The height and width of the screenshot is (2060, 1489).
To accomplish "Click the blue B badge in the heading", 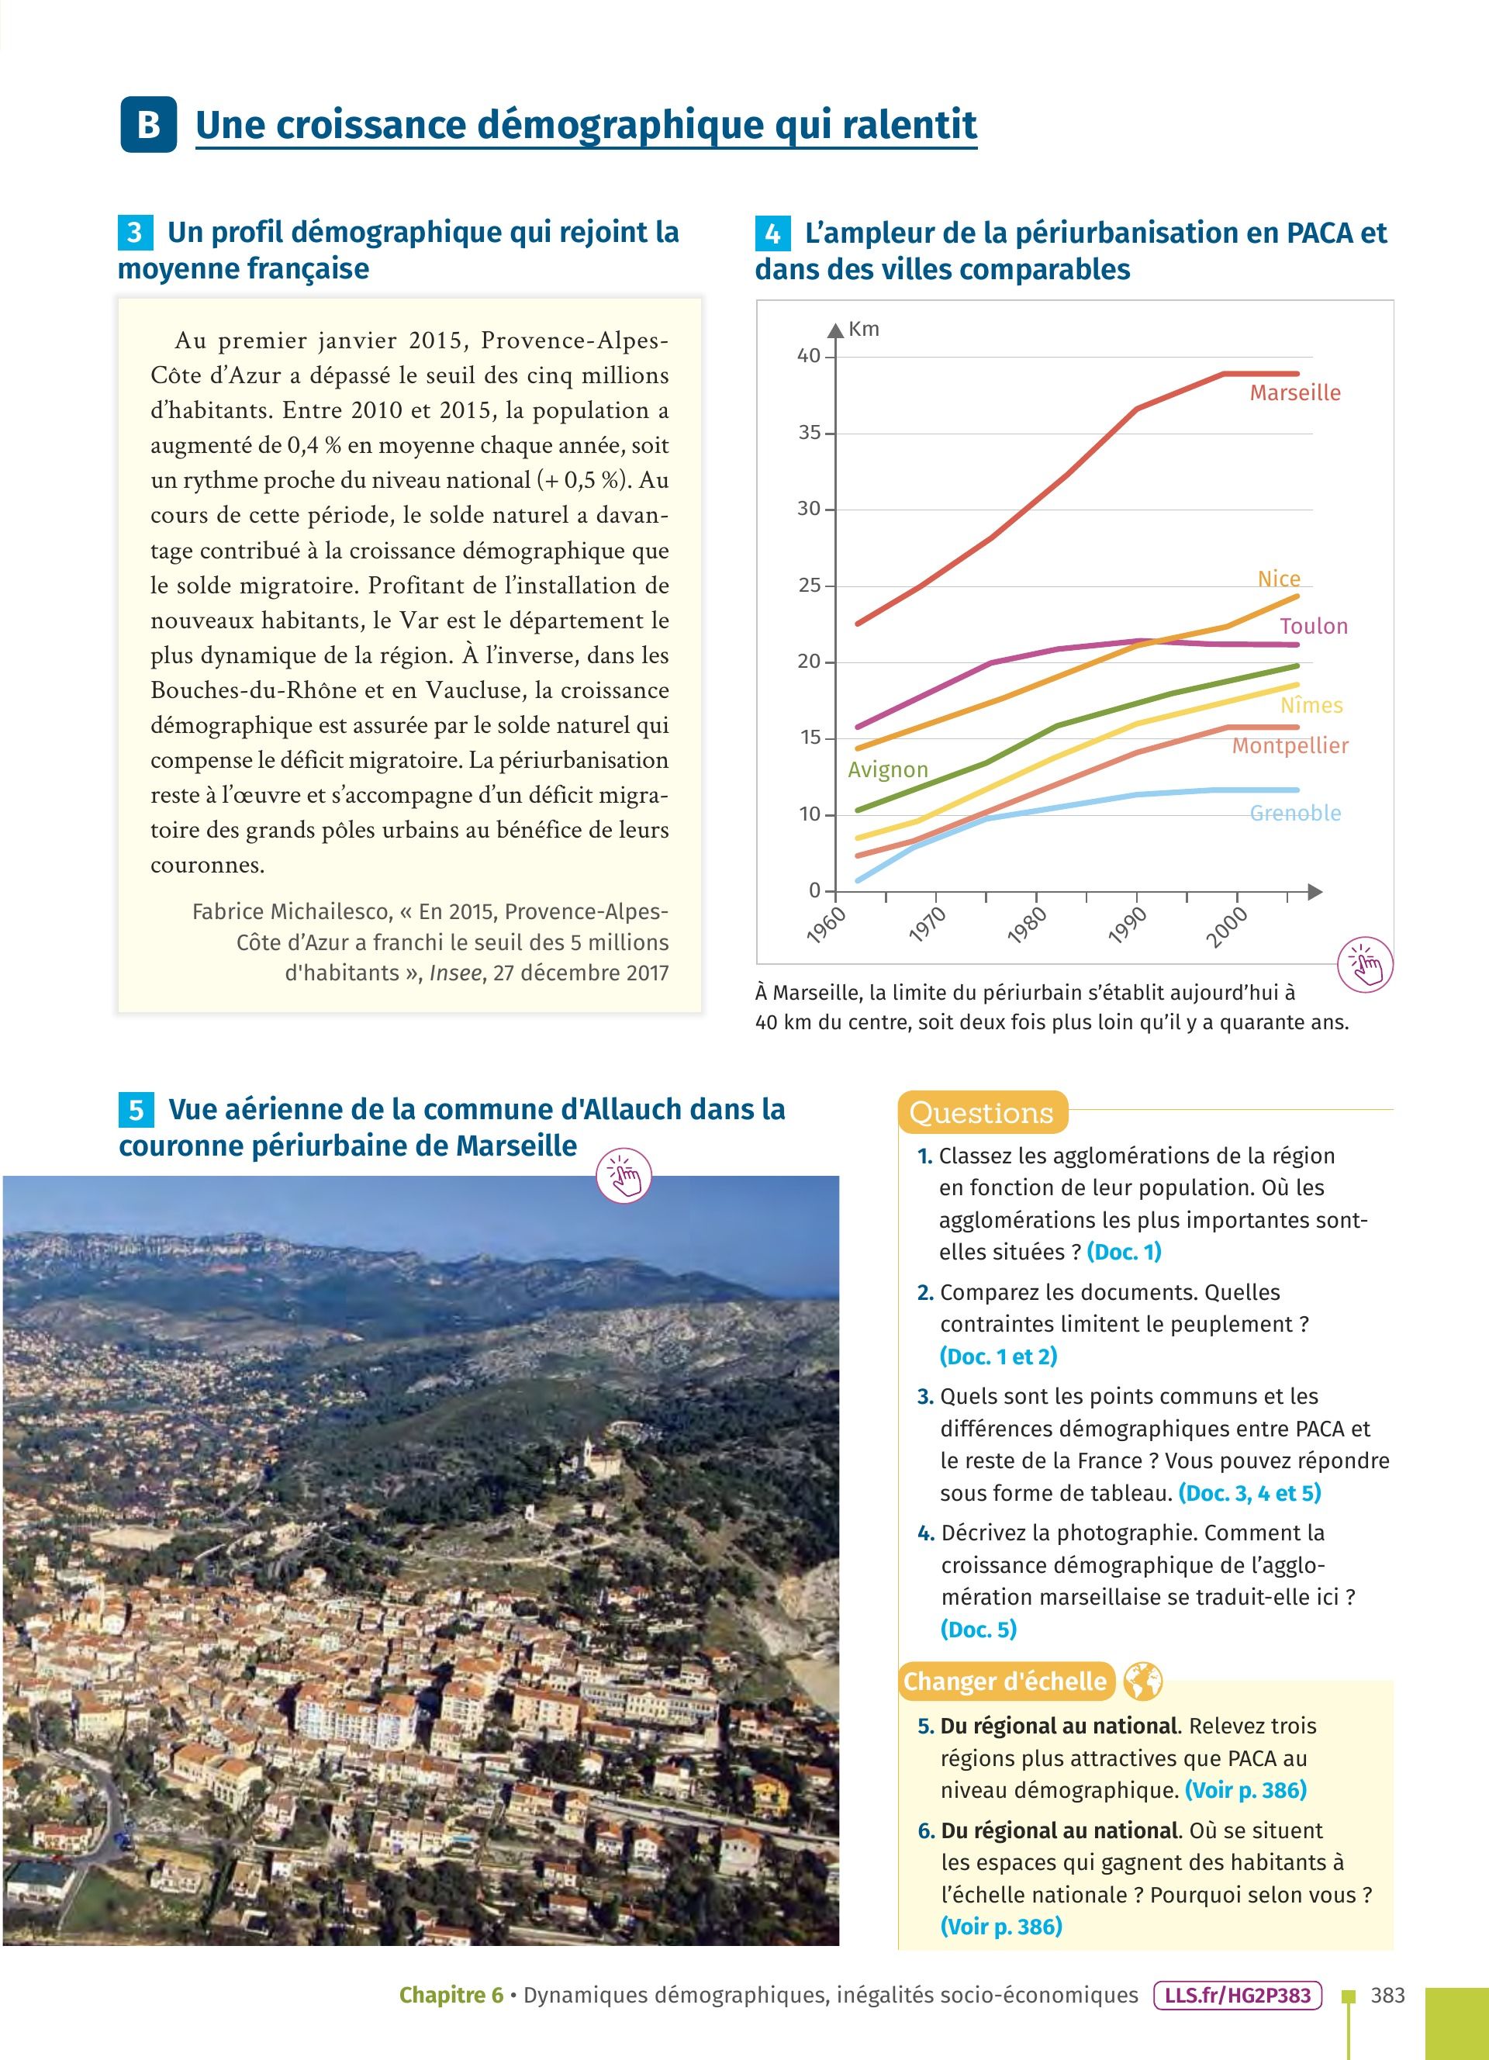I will coord(148,124).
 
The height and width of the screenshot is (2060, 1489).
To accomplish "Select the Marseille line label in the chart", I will coord(1294,392).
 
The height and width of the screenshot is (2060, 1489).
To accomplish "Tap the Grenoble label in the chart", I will coord(1294,813).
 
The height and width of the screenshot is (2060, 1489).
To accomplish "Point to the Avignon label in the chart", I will coord(887,769).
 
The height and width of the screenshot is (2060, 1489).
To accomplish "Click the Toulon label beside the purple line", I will coord(1314,626).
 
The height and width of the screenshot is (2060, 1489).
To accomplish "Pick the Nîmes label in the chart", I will coord(1311,705).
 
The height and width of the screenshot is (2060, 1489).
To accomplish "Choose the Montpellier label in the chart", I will coord(1289,745).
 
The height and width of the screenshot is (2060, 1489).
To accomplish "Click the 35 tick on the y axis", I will coord(809,432).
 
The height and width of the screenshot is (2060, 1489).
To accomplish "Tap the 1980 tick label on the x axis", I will coord(1028,926).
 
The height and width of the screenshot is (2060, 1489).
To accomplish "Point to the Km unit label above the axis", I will coord(863,329).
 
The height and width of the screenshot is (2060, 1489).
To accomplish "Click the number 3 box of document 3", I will coord(134,233).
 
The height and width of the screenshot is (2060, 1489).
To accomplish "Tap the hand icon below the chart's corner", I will coord(1366,964).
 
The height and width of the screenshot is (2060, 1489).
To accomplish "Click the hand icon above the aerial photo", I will coord(624,1175).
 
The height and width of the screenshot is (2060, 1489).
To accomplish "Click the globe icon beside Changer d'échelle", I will coord(1142,1682).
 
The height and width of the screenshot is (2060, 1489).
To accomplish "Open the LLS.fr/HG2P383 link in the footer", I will coord(1237,1996).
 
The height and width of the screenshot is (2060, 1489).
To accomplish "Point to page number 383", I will coord(1387,1996).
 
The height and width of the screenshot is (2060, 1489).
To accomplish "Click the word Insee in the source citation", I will coord(457,973).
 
